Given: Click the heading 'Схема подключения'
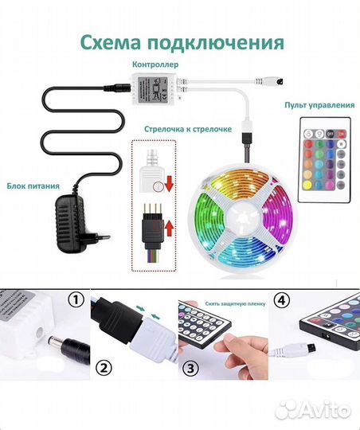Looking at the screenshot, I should [x=179, y=42].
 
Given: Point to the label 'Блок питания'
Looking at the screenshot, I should [x=33, y=186].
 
